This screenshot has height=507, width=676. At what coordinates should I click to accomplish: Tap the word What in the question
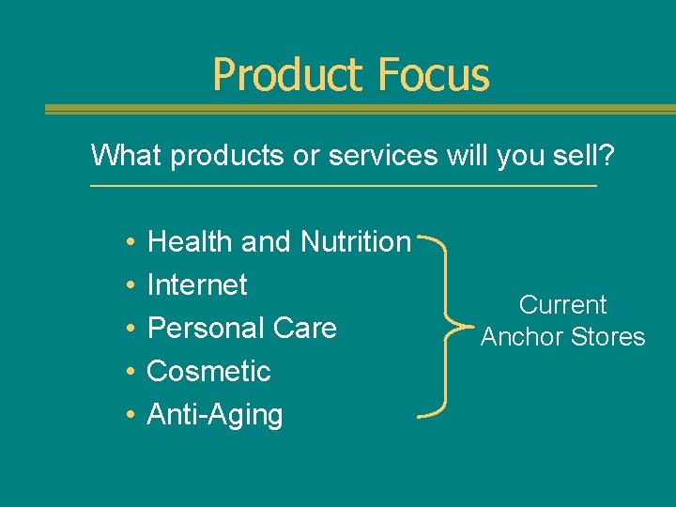(x=127, y=155)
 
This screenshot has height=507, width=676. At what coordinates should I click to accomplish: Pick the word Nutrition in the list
(x=356, y=241)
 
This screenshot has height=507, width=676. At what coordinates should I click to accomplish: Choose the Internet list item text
(x=197, y=284)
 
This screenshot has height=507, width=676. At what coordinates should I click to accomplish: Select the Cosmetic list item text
(x=208, y=371)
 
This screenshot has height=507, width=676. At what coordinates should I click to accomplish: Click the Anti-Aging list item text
(x=215, y=414)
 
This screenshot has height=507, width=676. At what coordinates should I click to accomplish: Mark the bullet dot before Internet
(x=127, y=285)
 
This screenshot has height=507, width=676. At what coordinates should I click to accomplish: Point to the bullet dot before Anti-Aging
(x=127, y=415)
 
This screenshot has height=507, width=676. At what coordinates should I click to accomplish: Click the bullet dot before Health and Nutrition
(x=127, y=242)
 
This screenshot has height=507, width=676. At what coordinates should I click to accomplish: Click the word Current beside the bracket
(x=563, y=304)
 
